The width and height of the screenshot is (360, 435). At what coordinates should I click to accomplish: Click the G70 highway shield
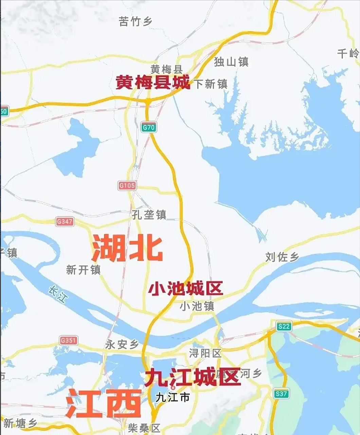click(148, 127)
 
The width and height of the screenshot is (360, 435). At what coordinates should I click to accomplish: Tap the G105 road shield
click(127, 186)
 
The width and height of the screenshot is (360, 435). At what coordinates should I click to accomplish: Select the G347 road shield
click(65, 222)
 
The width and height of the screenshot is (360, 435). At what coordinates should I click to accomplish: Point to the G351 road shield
click(69, 340)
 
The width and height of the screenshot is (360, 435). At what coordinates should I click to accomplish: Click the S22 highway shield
click(284, 326)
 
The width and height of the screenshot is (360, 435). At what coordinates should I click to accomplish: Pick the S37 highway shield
click(281, 394)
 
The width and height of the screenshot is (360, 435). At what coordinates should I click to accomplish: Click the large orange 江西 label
click(104, 404)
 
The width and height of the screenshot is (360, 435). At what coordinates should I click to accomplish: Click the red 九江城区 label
click(193, 378)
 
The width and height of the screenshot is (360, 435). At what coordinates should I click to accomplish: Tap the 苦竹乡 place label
click(136, 22)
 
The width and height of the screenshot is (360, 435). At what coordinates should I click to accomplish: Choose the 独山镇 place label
click(231, 62)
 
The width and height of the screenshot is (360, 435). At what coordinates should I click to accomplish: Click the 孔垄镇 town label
click(149, 215)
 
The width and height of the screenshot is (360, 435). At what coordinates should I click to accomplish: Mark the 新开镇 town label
click(83, 270)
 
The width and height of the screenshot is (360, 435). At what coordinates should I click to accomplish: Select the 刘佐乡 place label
click(282, 257)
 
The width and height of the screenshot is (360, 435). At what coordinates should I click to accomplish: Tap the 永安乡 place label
click(122, 345)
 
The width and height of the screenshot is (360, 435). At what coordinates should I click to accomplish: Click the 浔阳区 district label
click(205, 353)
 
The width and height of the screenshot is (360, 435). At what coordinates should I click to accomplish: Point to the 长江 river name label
click(58, 295)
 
